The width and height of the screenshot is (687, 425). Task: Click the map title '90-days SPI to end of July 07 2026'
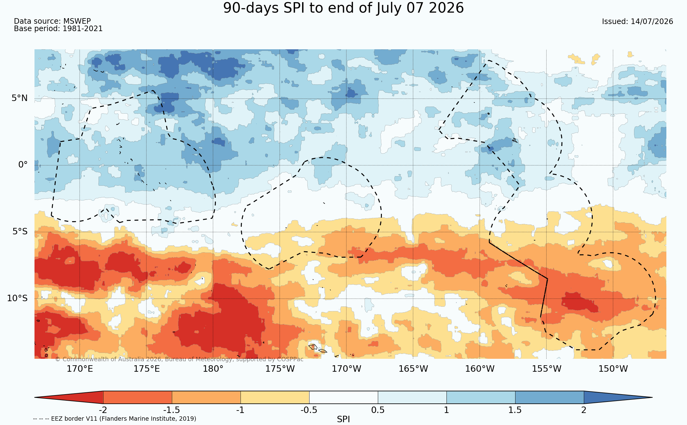[343, 8]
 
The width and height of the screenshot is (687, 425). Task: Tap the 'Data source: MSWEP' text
[52, 21]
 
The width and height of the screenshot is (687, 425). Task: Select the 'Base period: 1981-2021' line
[58, 29]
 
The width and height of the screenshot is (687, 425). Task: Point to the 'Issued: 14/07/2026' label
[637, 22]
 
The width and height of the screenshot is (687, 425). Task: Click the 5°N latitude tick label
[20, 98]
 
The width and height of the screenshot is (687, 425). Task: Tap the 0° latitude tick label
[23, 165]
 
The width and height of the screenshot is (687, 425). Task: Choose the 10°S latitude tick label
[17, 298]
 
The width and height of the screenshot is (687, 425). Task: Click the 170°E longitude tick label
[80, 369]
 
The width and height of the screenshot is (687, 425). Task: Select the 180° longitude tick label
[213, 369]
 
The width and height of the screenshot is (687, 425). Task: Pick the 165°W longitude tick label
[413, 369]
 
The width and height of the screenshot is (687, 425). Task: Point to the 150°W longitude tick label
[613, 369]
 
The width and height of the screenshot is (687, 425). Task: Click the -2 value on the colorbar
[103, 410]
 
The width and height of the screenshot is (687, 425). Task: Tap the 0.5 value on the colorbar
[378, 410]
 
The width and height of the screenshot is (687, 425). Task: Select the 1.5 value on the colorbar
[515, 410]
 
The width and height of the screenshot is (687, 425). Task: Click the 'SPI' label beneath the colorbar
[343, 419]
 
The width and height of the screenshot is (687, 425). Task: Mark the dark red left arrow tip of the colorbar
[35, 397]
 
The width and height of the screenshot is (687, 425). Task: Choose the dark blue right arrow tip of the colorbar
[652, 397]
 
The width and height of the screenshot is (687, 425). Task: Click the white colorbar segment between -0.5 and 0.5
[343, 397]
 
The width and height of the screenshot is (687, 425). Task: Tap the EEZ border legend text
[115, 419]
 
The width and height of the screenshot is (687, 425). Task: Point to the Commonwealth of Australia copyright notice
[179, 359]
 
